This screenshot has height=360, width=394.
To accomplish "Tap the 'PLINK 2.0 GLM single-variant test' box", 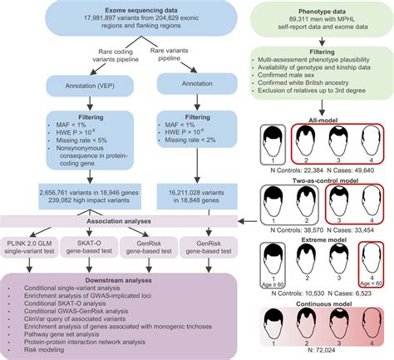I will tap(32, 246).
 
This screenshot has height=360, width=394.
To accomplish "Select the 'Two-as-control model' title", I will tap(322, 180).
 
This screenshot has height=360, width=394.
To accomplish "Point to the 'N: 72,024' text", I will tap(322, 354).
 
